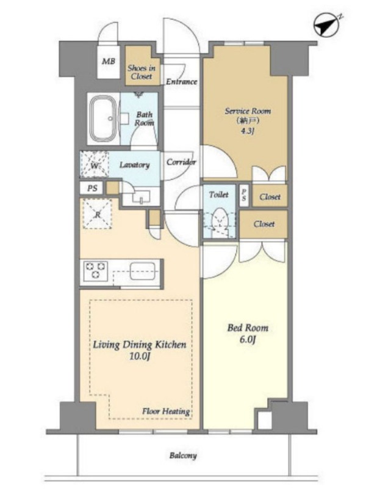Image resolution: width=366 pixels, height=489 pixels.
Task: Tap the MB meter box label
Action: [109, 61]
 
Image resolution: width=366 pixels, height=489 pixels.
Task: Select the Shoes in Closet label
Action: [142, 72]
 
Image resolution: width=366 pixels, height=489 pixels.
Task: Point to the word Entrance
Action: [181, 82]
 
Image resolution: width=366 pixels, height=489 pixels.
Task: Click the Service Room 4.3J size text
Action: [247, 131]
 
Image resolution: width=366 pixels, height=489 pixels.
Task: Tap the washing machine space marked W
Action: [95, 164]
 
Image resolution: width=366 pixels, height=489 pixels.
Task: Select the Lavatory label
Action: [134, 164]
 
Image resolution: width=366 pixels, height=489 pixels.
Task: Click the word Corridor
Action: [181, 162]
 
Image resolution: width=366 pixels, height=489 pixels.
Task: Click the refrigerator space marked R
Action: [97, 214]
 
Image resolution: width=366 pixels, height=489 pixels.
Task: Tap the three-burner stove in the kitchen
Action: [95, 270]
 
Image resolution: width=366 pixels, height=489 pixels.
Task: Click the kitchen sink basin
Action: [143, 271]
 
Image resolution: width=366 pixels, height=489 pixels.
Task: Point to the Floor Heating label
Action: [166, 411]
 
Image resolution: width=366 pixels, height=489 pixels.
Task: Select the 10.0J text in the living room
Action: [140, 356]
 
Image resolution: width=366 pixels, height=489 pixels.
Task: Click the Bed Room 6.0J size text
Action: [248, 339]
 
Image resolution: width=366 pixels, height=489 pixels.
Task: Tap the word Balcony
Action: [183, 455]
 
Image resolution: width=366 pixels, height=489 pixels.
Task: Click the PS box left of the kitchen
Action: [92, 188]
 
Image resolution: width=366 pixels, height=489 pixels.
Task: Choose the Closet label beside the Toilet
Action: [264, 224]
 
